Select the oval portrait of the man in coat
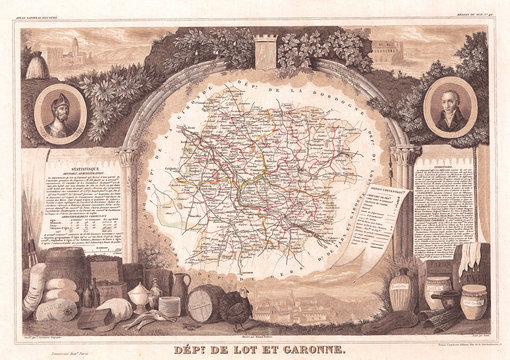point(448,106)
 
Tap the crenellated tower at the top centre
point(265,50)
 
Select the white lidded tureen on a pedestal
point(139,294)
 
